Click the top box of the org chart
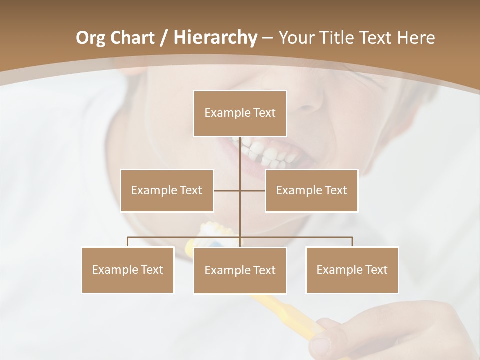240,113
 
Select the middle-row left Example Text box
167,190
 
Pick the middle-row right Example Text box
311,190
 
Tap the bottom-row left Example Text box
128,270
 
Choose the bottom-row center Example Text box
240,270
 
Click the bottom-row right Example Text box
352,270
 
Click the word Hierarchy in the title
215,37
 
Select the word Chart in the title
133,37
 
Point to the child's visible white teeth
267,153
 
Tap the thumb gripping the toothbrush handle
323,343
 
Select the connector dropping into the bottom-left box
128,242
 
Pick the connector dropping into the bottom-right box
352,242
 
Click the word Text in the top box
264,113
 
